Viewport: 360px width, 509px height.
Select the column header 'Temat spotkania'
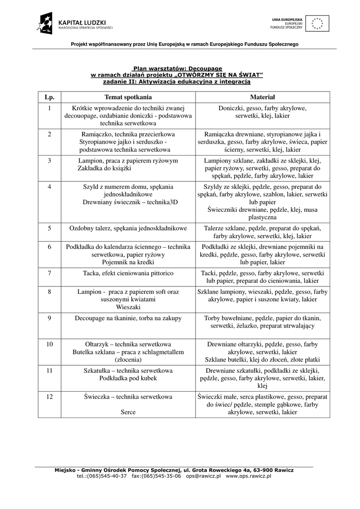(x=128, y=97)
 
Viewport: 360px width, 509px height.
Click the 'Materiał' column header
(x=262, y=97)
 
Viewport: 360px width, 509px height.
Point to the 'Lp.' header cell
(x=49, y=97)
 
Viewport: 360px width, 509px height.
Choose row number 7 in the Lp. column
(x=49, y=273)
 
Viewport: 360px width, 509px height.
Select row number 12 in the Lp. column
(x=49, y=397)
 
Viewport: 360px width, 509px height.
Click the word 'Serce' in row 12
(x=128, y=412)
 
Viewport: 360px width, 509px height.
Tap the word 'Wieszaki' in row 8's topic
(x=128, y=307)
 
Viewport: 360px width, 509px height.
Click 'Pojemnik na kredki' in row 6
(x=128, y=262)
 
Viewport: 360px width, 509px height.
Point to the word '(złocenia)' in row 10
(x=128, y=359)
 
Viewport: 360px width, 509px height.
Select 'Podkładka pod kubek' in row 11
(x=128, y=378)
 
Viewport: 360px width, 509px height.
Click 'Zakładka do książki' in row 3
(x=104, y=169)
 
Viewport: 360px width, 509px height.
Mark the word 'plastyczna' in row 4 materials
(x=262, y=218)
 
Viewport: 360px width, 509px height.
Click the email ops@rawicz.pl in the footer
(x=203, y=476)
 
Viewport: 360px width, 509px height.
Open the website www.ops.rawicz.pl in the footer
(x=249, y=476)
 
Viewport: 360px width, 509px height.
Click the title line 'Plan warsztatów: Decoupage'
(x=177, y=69)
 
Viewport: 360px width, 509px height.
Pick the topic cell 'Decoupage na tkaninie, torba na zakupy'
(x=128, y=318)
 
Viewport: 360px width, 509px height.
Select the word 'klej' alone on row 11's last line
(x=262, y=386)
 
